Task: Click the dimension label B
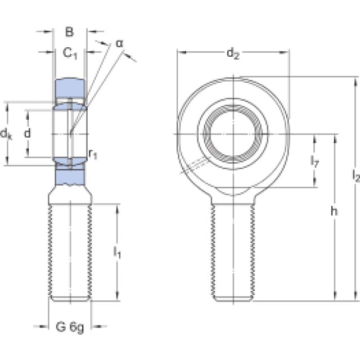(x=69, y=31)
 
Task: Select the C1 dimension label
(x=70, y=54)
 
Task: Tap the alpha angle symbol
(x=120, y=43)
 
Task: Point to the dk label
(x=6, y=134)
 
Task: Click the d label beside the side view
(x=28, y=133)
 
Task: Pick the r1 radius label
(x=93, y=154)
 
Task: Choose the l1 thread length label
(x=117, y=253)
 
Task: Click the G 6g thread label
(x=70, y=327)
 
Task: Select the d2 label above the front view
(x=233, y=54)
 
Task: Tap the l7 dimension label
(x=314, y=161)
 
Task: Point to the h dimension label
(x=334, y=211)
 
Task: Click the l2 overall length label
(x=355, y=176)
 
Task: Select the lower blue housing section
(x=70, y=175)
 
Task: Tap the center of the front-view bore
(x=233, y=134)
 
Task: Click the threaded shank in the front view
(x=233, y=253)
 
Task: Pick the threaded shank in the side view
(x=70, y=253)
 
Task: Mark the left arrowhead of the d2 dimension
(x=181, y=52)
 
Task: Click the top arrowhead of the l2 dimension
(x=356, y=82)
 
